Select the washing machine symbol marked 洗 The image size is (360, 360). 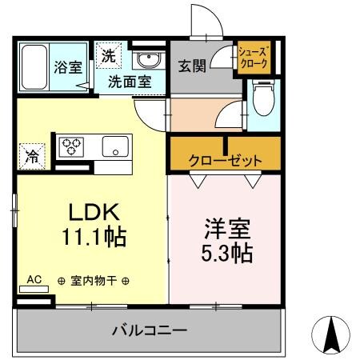(x=108, y=56)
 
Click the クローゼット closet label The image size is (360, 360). (x=224, y=160)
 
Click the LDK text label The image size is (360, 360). (x=92, y=213)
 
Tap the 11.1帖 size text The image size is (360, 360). (x=92, y=238)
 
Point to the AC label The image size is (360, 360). (x=34, y=279)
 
